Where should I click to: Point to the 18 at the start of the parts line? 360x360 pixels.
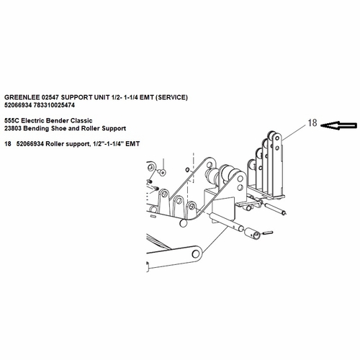[8, 144]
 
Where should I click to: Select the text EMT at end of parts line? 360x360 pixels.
[132, 144]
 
